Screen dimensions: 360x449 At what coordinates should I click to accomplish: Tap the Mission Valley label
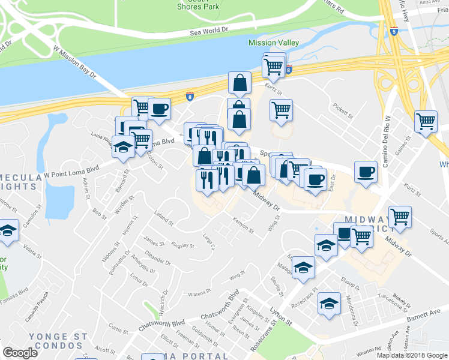pyautogui.click(x=273, y=43)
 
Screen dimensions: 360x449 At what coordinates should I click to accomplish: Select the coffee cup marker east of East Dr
pyautogui.click(x=366, y=172)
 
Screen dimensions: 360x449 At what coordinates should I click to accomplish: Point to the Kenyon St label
pyautogui.click(x=244, y=226)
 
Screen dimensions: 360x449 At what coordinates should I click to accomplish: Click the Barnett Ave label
pyautogui.click(x=427, y=314)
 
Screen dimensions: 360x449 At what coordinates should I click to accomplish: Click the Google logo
pyautogui.click(x=20, y=353)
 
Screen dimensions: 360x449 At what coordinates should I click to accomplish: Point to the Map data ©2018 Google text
pyautogui.click(x=411, y=355)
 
